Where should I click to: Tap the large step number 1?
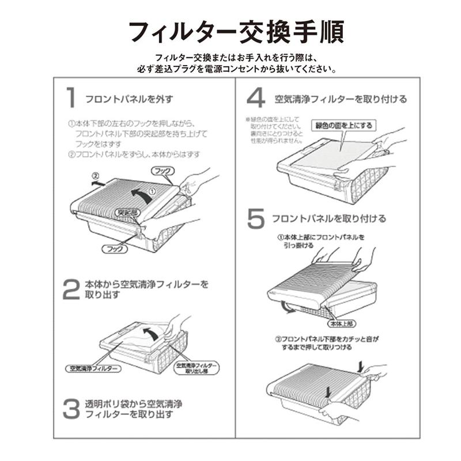(x=70, y=97)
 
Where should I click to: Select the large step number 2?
(x=70, y=290)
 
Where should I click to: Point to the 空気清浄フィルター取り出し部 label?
(x=197, y=368)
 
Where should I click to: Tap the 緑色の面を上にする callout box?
(x=343, y=125)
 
